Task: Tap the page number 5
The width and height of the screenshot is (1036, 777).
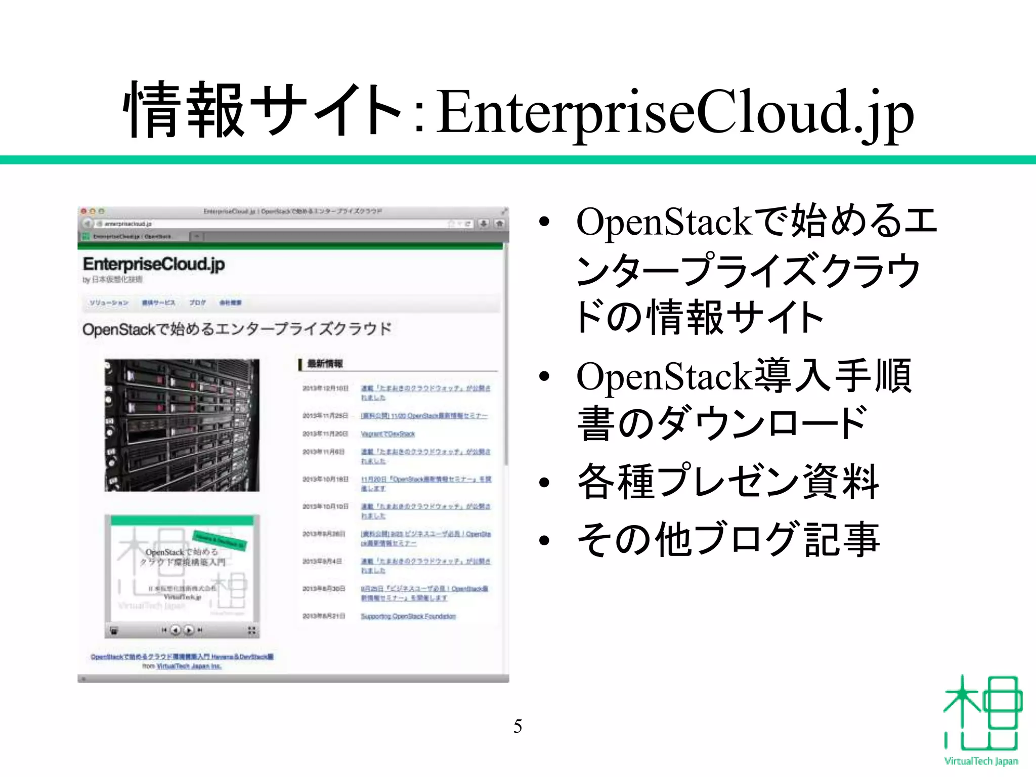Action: coord(517,726)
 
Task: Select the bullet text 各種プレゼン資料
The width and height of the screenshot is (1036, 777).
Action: coord(728,482)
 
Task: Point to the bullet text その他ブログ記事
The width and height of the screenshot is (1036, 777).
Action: coord(728,539)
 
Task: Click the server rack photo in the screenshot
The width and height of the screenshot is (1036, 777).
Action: coord(182,425)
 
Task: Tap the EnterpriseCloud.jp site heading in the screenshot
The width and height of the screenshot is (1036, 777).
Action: coord(154,264)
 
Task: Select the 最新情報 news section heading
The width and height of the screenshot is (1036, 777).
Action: coord(325,364)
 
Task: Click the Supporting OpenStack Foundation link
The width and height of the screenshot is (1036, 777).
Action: coord(408,616)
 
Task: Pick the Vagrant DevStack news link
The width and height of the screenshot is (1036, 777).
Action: coord(387,434)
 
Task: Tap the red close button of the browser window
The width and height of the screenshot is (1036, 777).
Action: coord(84,211)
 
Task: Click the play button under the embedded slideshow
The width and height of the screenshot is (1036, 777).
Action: coord(189,630)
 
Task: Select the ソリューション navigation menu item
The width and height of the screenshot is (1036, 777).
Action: coord(109,303)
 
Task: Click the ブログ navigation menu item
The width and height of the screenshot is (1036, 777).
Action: coord(197,303)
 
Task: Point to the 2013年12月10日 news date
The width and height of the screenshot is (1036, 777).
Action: coord(325,388)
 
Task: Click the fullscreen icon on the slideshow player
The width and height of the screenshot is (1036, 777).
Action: coord(251,630)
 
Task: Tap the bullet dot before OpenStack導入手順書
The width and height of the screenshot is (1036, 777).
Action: coord(544,376)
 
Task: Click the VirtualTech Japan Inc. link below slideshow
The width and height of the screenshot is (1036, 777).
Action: coord(189,666)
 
